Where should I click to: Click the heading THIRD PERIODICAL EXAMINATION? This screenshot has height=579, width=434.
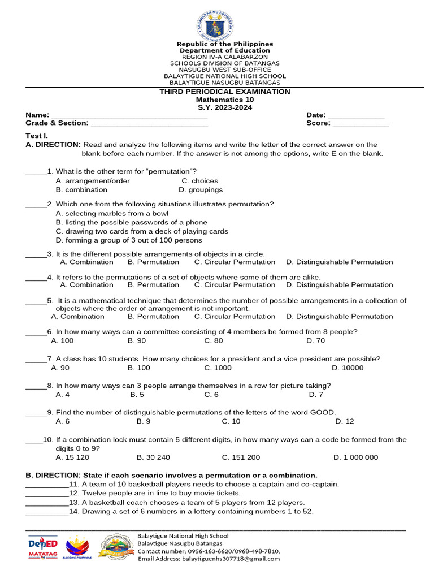coord(225,92)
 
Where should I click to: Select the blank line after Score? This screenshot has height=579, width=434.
coord(361,123)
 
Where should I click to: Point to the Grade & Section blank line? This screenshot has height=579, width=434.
coord(149,123)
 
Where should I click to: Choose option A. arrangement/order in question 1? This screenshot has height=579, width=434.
coord(93,181)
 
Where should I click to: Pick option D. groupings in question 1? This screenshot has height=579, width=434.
coord(201,190)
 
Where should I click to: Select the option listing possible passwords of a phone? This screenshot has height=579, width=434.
coord(132,223)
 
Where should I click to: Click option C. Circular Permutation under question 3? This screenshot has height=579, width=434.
coord(235,262)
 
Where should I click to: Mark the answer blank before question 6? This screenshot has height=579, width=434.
coord(36,332)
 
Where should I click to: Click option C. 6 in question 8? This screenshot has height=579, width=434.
coord(211,395)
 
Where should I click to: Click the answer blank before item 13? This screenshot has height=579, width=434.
coord(47,503)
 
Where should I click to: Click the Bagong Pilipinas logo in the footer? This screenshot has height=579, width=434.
coord(79,547)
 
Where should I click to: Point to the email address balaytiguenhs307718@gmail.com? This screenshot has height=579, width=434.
coord(209,559)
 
